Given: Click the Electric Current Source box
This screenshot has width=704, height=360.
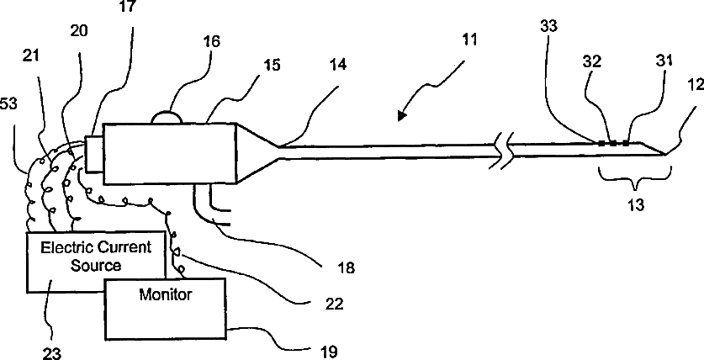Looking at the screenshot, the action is click(96, 262).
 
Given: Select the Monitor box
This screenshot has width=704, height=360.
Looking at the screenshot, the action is click(165, 309).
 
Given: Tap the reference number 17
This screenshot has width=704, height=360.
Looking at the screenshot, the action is click(128, 8).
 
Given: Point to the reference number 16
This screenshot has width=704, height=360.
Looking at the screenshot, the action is click(211, 41).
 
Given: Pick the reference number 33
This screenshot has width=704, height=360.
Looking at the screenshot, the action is click(548, 26).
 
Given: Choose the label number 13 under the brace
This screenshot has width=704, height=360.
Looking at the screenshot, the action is click(636, 204).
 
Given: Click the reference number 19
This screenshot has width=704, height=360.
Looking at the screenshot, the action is click(328, 352).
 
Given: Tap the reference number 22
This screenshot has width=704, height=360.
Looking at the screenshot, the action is click(333, 304).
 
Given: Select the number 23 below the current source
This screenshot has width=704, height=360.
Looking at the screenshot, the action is click(51, 352).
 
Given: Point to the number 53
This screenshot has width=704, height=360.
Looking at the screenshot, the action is click(8, 104).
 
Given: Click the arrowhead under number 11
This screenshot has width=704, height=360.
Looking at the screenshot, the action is click(402, 116).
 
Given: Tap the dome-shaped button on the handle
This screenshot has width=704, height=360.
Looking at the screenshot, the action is click(167, 117).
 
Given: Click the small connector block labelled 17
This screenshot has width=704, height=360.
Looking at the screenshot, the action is click(94, 153).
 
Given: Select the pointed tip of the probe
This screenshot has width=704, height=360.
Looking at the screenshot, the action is click(665, 155).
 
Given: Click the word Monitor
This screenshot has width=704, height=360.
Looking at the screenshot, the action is click(165, 295).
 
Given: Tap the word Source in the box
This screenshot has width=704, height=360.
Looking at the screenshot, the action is click(96, 265).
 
